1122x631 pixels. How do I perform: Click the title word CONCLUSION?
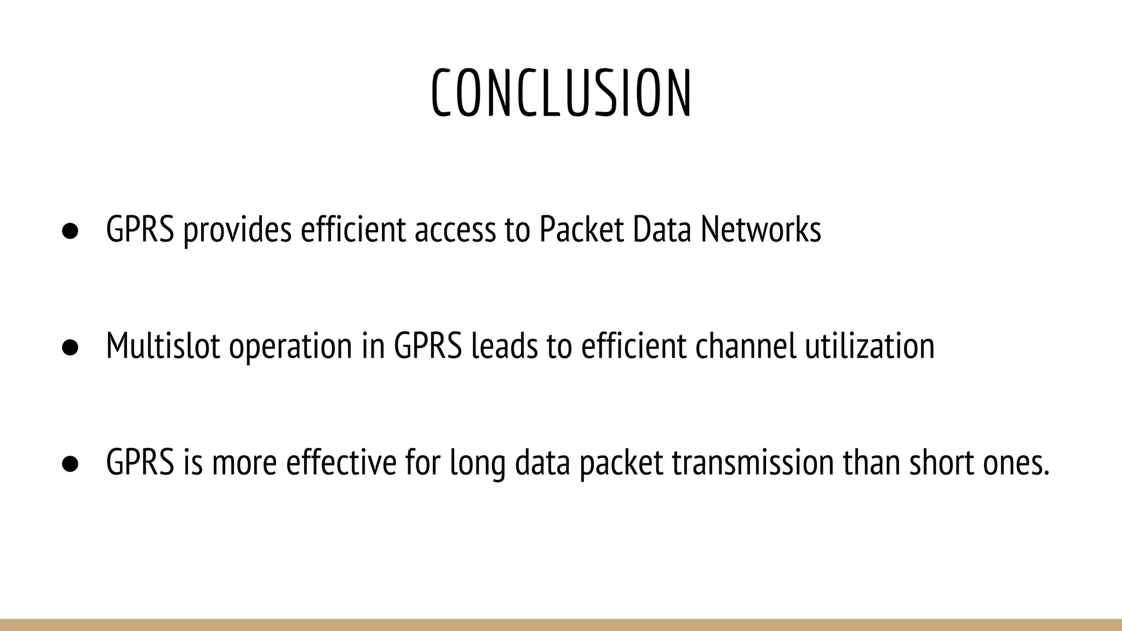tap(562, 93)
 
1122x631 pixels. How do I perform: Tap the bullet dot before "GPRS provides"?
tap(70, 231)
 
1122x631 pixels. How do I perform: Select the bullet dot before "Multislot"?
tap(70, 347)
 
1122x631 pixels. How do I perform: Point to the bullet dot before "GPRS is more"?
tap(70, 464)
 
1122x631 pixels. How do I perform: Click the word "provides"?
tap(237, 231)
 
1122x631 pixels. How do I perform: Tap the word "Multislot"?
tap(163, 346)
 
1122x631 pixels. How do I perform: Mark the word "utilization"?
tap(870, 346)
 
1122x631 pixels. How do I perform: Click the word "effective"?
tap(341, 463)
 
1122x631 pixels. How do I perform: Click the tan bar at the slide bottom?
tap(561, 625)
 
